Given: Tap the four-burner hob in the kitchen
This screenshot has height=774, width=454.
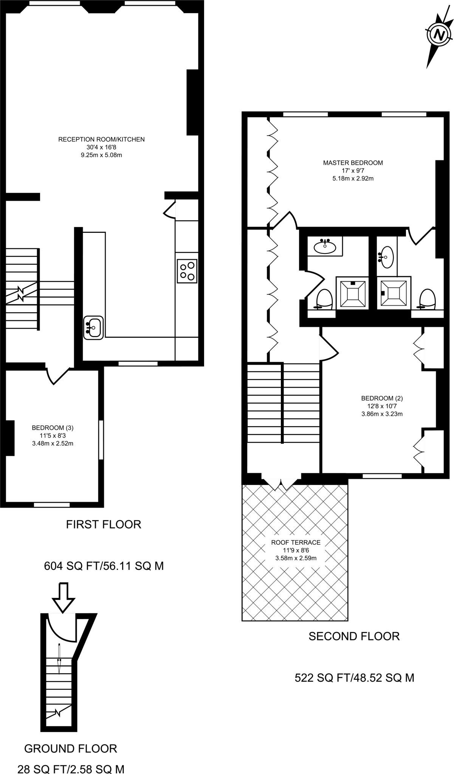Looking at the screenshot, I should pyautogui.click(x=187, y=271).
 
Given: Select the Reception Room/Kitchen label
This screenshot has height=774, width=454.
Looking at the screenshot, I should pyautogui.click(x=101, y=147).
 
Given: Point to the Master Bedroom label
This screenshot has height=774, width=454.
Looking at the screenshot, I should pyautogui.click(x=353, y=170).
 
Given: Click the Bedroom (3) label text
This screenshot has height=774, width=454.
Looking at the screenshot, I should pyautogui.click(x=53, y=435).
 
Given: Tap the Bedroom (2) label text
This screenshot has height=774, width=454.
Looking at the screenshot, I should pyautogui.click(x=382, y=406).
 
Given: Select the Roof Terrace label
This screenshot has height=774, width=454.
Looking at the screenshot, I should pyautogui.click(x=296, y=550).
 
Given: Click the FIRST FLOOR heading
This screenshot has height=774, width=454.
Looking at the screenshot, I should pyautogui.click(x=104, y=524).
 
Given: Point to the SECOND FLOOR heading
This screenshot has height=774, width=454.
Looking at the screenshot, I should pyautogui.click(x=354, y=636).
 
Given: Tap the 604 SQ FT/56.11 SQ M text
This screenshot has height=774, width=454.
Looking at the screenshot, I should pyautogui.click(x=104, y=566).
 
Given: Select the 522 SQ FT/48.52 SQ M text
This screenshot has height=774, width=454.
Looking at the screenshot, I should pyautogui.click(x=354, y=678).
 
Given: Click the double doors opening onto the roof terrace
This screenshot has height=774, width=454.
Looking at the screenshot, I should pyautogui.click(x=280, y=482).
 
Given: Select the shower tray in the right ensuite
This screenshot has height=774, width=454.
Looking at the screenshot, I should pyautogui.click(x=394, y=293).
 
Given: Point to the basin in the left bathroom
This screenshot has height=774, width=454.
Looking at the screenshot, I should pyautogui.click(x=325, y=247).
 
